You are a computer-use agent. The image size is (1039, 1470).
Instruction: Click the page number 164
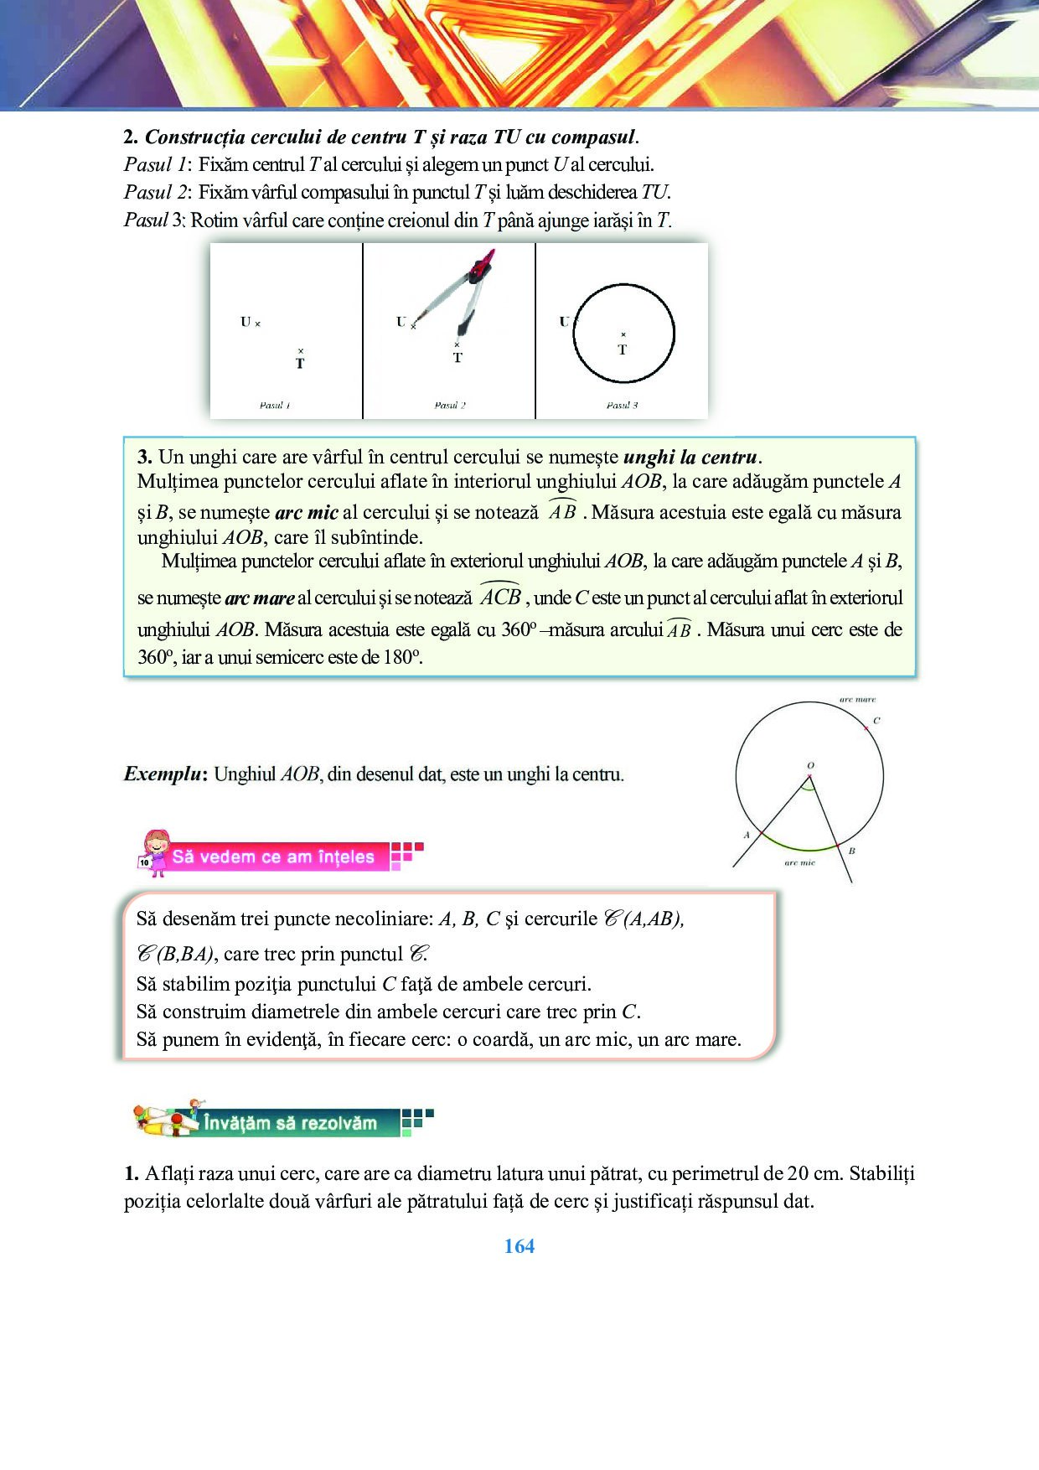pos(519,1246)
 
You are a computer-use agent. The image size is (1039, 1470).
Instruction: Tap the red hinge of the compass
pos(482,268)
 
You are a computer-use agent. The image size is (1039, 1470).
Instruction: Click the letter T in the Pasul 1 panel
pos(300,364)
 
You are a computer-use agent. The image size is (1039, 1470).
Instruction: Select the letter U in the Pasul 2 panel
pos(401,322)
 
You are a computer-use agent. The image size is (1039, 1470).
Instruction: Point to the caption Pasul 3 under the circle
pos(622,406)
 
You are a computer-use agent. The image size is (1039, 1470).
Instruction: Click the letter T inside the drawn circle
pos(623,349)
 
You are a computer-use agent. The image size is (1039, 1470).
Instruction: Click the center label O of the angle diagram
pos(810,765)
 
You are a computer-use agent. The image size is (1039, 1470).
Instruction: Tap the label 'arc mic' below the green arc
pos(799,862)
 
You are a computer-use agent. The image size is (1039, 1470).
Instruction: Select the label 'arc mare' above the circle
pos(857,699)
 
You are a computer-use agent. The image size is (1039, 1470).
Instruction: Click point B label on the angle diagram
pos(852,851)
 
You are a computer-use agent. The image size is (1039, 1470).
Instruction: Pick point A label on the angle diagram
pos(747,835)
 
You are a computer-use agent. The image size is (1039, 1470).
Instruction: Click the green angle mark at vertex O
pos(807,786)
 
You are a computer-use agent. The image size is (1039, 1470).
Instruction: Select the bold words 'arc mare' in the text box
pos(260,598)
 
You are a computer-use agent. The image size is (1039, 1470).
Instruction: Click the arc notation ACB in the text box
pos(501,597)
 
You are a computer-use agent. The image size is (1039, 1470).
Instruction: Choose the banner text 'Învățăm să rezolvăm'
pos(290,1123)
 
